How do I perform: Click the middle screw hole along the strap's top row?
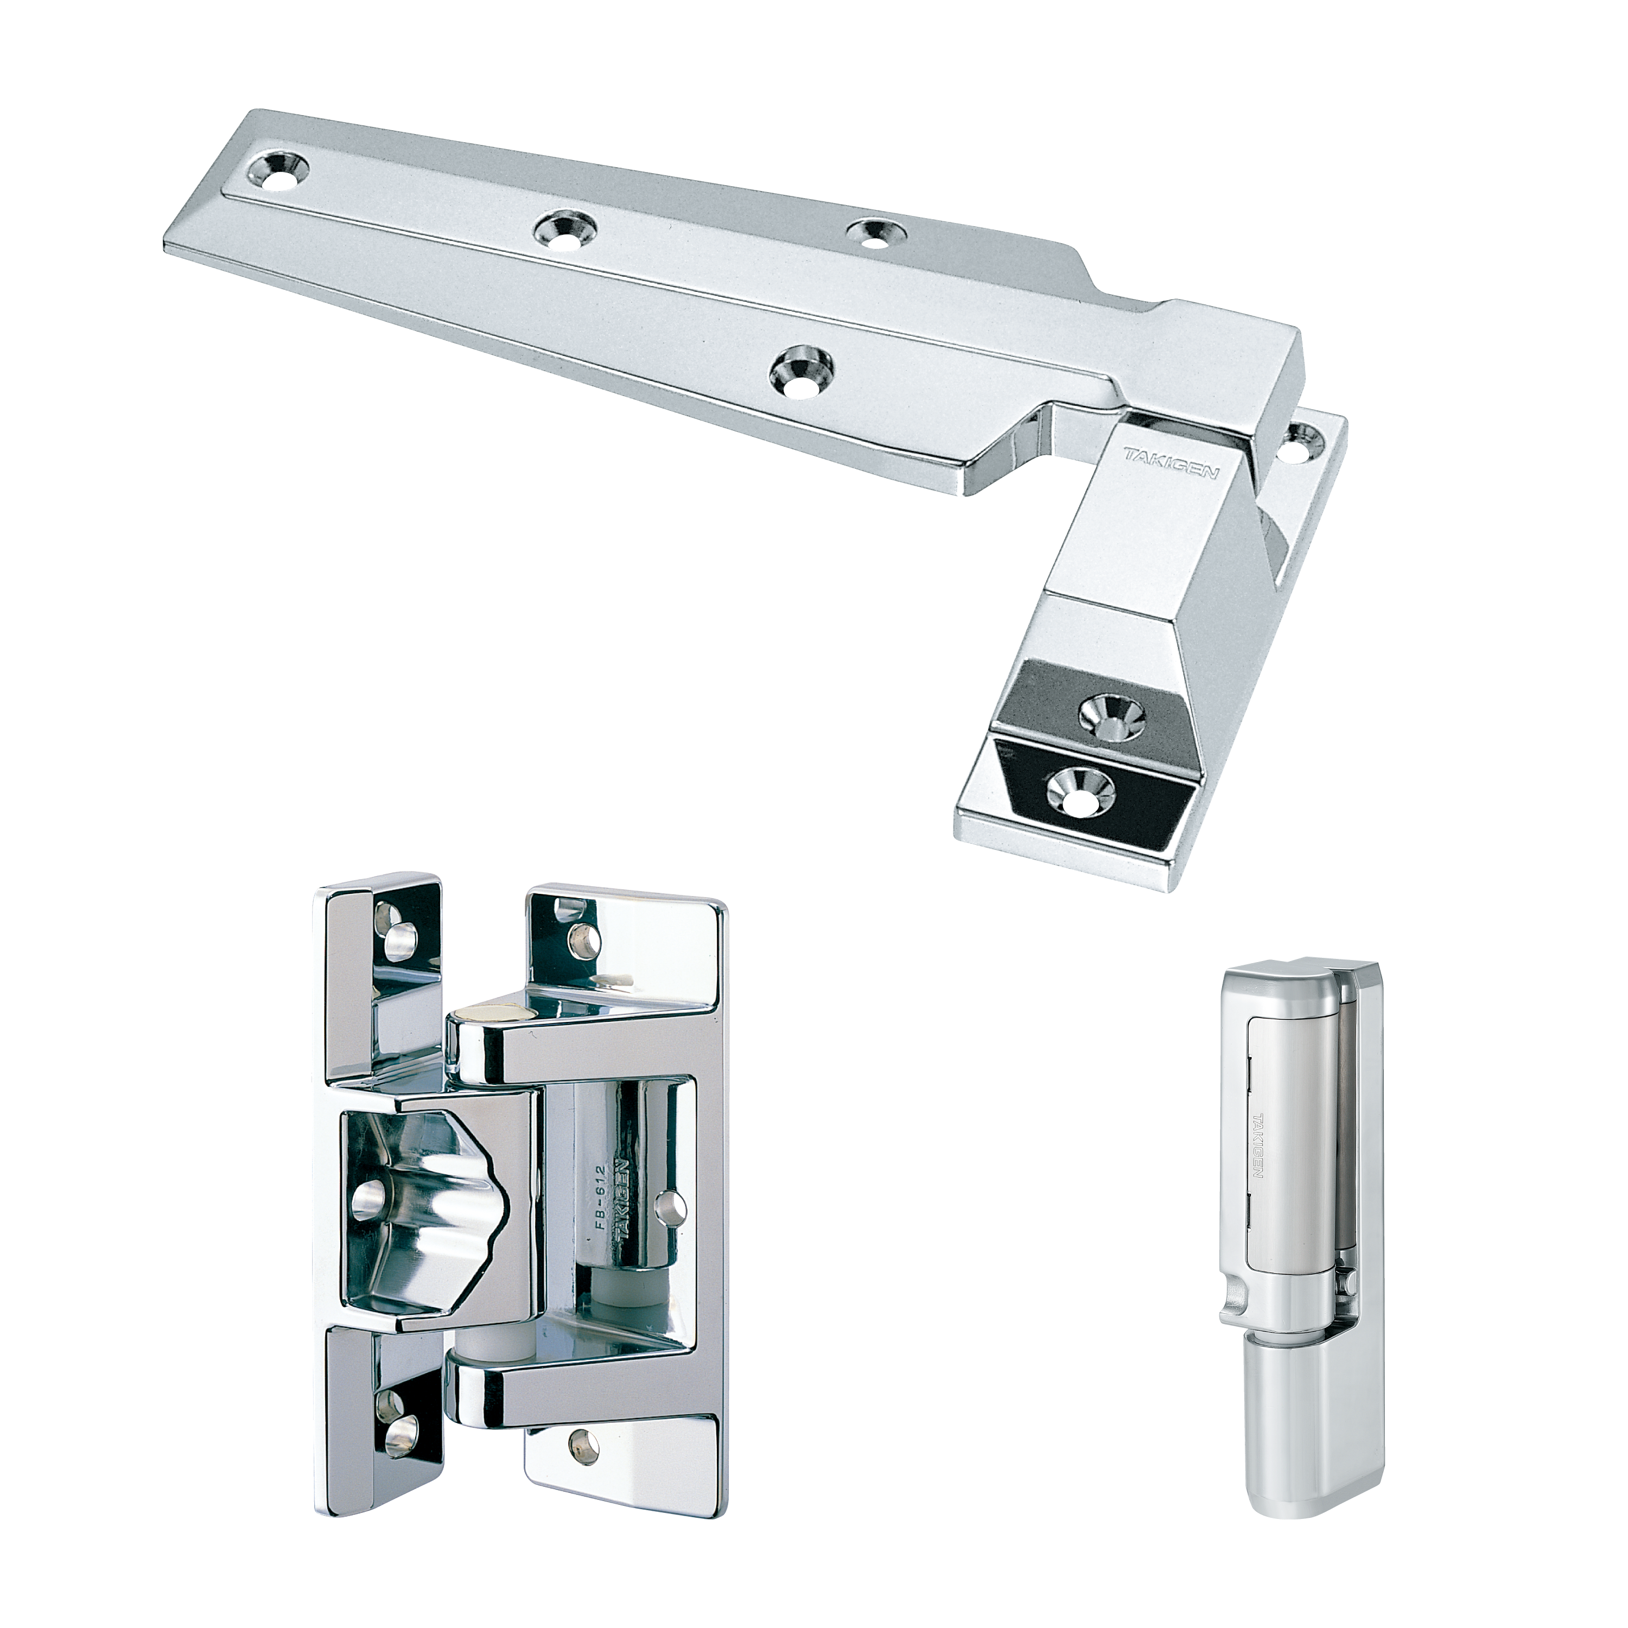click(x=563, y=228)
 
